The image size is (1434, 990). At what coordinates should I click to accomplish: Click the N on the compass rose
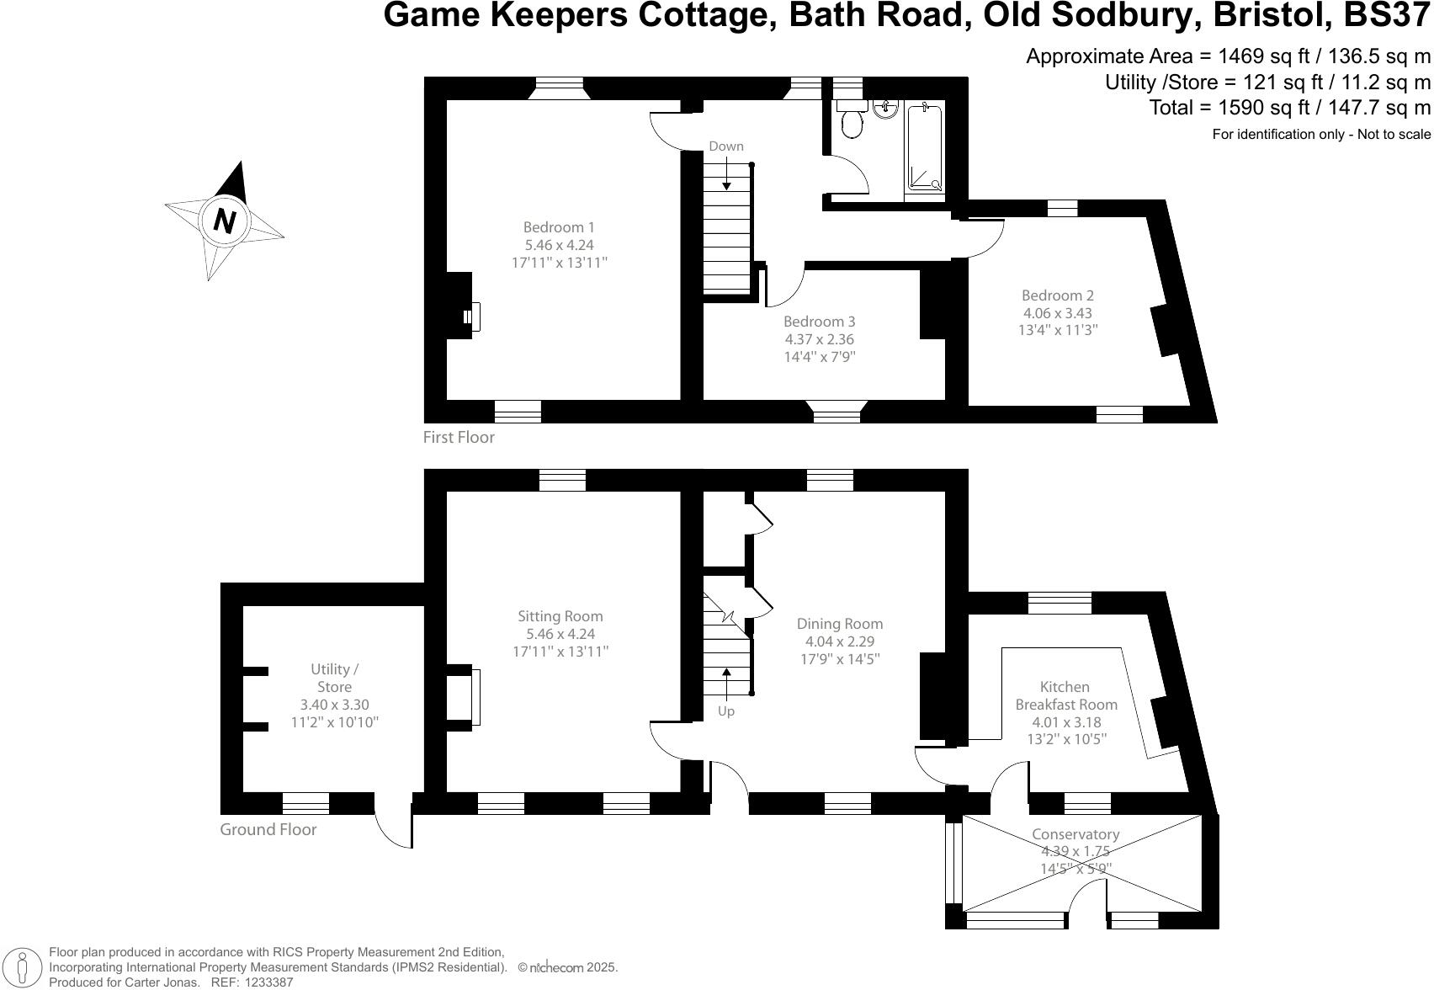pos(224,221)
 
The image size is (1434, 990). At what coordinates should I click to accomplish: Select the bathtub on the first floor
pos(925,147)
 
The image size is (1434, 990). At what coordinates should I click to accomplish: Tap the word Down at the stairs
pos(725,146)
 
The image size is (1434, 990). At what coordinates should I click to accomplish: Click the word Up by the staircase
pos(725,711)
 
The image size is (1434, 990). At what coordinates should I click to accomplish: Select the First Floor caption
pos(459,438)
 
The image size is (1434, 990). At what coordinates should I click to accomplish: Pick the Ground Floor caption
pos(268,830)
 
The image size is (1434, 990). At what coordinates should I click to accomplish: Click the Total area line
pos(1289,108)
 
